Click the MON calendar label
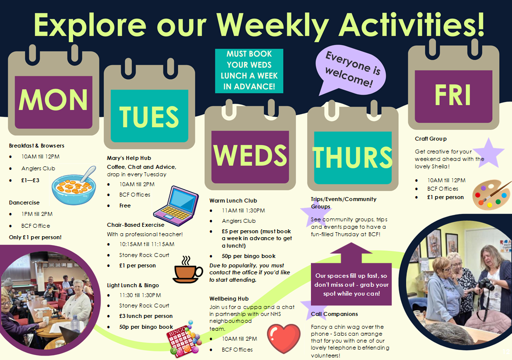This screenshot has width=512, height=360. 53,100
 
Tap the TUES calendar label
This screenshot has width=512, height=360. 149,117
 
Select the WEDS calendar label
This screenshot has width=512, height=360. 250,155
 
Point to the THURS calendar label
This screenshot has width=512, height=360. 353,157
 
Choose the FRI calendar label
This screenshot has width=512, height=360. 453,95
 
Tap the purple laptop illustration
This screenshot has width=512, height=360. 176,206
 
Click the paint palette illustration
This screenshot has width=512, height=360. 491,195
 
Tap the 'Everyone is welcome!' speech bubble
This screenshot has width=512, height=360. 351,70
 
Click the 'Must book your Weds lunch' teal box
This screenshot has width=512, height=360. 249,71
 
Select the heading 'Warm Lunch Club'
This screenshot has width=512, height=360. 233,201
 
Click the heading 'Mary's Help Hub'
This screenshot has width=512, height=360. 129,158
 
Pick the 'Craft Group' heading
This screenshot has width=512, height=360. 431,139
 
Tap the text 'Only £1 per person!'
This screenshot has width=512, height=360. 35,237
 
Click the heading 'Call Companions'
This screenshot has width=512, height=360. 334,314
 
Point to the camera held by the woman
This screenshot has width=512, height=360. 486,284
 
